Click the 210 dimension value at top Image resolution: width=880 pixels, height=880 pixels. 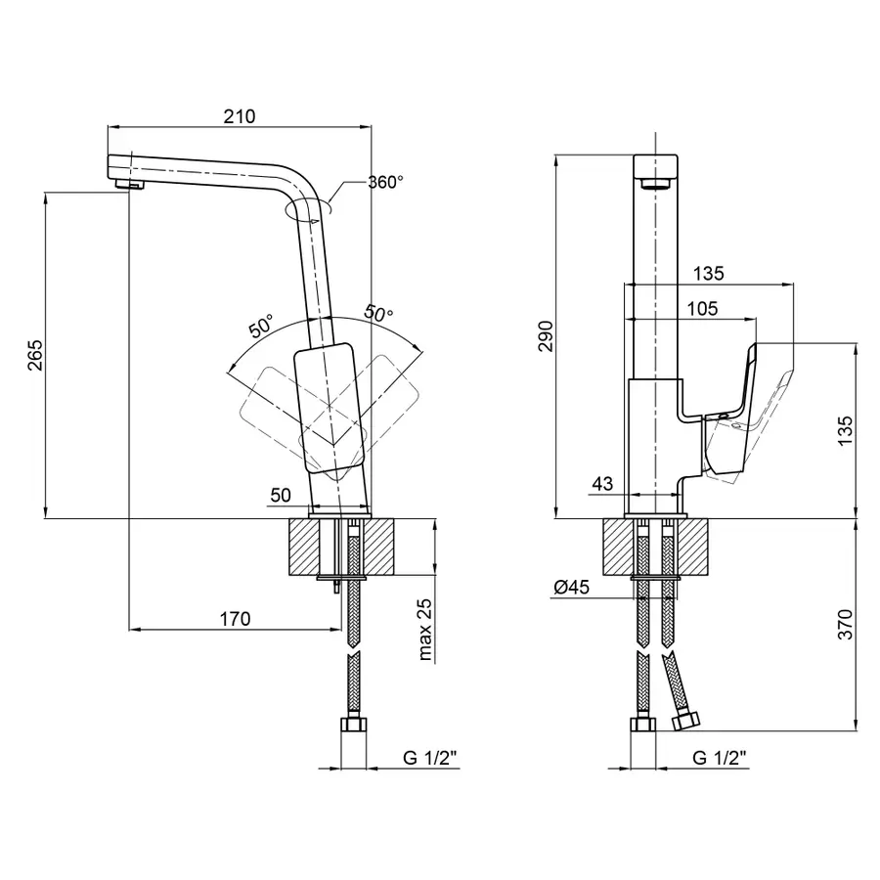point(240,116)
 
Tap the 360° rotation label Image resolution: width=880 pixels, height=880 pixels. point(385,183)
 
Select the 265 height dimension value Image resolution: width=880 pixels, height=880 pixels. point(35,355)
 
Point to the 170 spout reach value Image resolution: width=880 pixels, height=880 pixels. point(235,619)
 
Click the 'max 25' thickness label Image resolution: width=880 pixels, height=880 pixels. point(425,629)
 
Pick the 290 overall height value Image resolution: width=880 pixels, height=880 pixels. point(545,336)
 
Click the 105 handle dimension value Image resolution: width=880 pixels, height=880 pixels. point(703,308)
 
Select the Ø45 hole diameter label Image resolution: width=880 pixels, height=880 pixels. point(572,587)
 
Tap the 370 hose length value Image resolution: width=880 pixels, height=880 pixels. point(845,624)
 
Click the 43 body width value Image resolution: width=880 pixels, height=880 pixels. point(602,484)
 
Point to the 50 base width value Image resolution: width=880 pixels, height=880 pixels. point(281,495)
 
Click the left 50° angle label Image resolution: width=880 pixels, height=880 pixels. point(261,326)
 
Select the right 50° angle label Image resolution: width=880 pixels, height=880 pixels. point(378,313)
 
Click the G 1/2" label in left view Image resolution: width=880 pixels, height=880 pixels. point(430,758)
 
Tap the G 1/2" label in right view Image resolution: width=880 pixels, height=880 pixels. point(720,758)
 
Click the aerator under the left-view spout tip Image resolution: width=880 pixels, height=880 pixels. point(130,184)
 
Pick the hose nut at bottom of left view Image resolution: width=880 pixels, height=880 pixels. point(354,724)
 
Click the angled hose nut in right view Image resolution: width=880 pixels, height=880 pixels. point(685,720)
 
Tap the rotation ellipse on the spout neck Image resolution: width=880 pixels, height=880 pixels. point(308,208)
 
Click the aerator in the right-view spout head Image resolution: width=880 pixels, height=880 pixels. point(655,184)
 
